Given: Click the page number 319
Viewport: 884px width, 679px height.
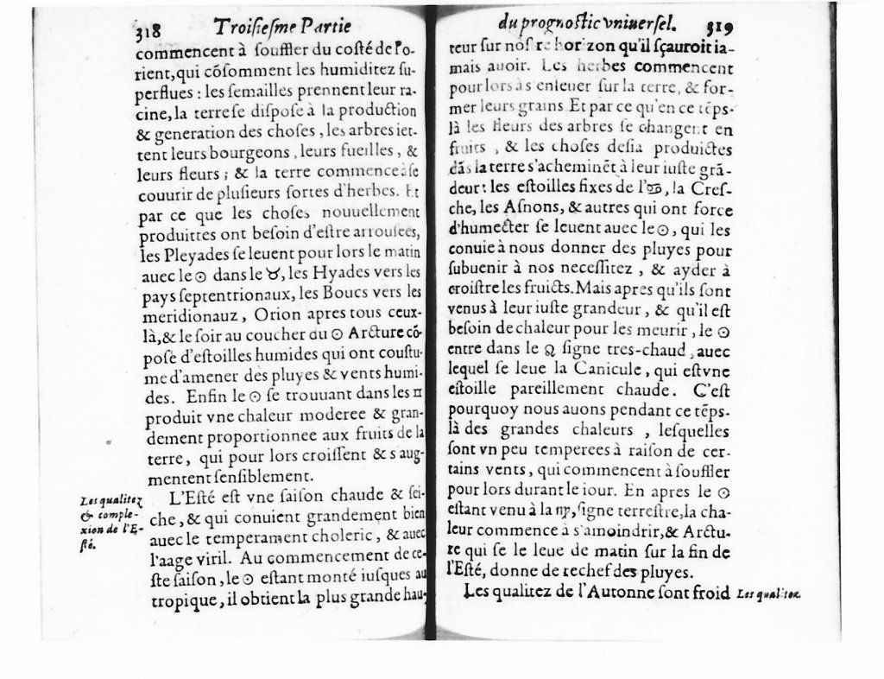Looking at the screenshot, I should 720,28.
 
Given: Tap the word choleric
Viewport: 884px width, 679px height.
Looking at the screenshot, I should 350,539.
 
